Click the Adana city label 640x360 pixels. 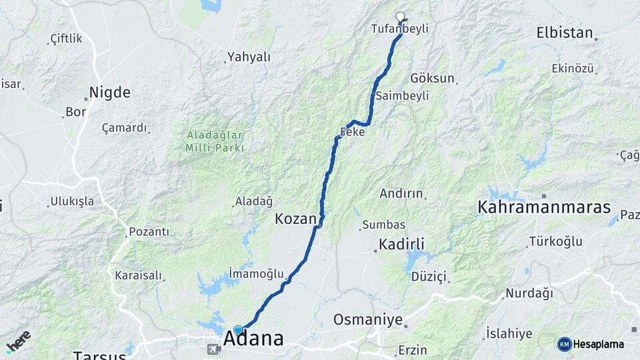click(253, 338)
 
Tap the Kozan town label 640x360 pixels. click(295, 218)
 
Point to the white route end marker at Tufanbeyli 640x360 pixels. click(400, 17)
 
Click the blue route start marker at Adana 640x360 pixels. click(238, 330)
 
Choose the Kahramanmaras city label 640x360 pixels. click(544, 207)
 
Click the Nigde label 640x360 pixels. click(111, 92)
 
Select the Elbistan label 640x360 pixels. click(564, 32)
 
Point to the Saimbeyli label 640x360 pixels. click(402, 96)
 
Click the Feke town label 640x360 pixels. click(353, 132)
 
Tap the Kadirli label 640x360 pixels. click(401, 243)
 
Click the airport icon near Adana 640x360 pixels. click(213, 349)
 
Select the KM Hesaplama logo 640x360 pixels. click(591, 344)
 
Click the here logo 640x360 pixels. click(18, 341)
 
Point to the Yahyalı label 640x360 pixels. click(249, 57)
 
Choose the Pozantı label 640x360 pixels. click(149, 232)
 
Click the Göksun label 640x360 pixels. click(432, 78)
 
